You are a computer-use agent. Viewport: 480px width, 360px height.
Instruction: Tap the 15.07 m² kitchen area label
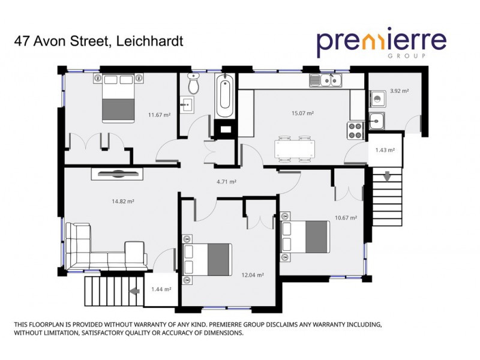point(303,113)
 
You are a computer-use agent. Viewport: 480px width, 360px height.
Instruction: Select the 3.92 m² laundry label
point(399,91)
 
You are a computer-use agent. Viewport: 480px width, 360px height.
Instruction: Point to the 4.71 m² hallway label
point(226,181)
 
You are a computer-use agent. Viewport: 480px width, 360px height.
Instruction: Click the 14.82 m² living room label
point(123,202)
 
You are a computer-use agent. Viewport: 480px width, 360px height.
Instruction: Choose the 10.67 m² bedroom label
point(346,218)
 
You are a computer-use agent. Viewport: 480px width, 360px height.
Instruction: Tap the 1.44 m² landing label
point(161,290)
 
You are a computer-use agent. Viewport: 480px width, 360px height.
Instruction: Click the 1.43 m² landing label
point(385,151)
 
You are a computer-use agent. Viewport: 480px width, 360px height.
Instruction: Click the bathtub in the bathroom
point(225,96)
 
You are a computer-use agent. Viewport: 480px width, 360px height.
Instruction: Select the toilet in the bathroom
point(193,83)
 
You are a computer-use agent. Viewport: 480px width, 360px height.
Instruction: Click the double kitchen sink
point(326,80)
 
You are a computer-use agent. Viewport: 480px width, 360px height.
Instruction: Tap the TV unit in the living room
point(117,174)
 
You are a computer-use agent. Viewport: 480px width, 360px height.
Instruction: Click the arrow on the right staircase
point(387,177)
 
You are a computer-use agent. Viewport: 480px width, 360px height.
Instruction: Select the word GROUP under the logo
point(414,56)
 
